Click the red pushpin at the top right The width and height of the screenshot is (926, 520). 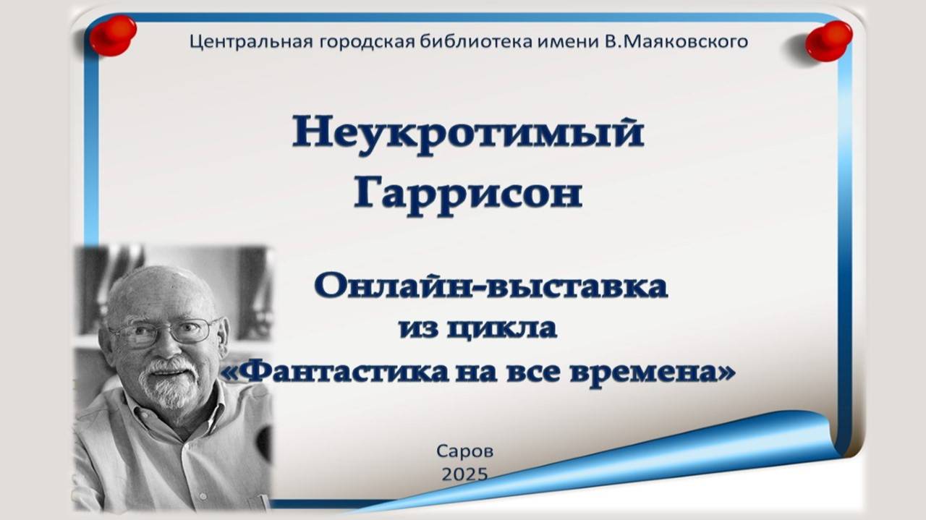829,41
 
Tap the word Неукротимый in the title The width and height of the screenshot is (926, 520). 467,134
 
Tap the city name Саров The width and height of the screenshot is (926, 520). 464,451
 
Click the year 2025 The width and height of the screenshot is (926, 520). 464,474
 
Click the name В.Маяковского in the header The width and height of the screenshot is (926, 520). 676,41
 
